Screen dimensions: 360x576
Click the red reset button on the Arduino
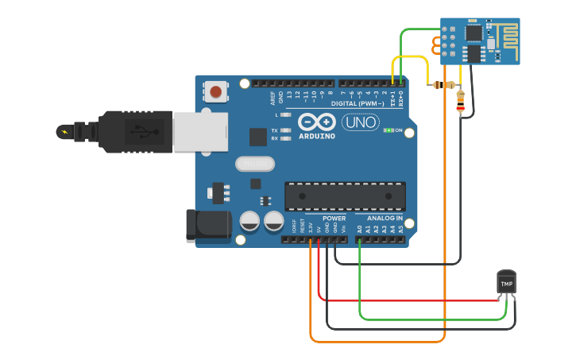point(216,91)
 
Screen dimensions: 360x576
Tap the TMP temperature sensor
point(506,283)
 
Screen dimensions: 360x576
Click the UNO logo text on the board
point(360,122)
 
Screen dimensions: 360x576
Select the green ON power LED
point(389,130)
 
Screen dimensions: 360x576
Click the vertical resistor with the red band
point(461,101)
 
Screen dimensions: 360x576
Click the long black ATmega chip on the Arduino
point(345,195)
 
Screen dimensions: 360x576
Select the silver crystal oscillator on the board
point(254,164)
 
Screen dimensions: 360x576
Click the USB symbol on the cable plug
point(141,130)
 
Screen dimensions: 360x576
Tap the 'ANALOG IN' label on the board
point(384,218)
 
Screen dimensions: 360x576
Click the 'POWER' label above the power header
point(334,218)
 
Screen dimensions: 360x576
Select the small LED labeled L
point(286,115)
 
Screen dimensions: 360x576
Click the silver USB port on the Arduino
point(199,131)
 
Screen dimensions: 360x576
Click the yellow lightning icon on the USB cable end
point(64,130)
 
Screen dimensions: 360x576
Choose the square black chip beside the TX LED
point(258,137)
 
